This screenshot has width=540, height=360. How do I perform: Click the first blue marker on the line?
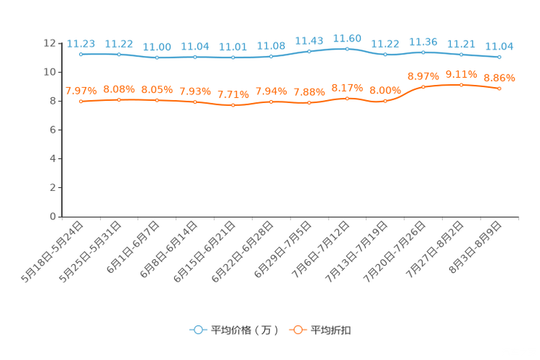coord(81,54)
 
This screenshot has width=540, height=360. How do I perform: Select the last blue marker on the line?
coord(499,57)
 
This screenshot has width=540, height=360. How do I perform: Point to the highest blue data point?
coord(347,49)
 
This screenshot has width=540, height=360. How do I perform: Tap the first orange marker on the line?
coord(81,102)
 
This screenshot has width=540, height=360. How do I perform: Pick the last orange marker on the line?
coord(499,88)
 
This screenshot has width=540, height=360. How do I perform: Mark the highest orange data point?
coord(461,84)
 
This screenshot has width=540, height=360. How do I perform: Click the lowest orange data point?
coord(233,105)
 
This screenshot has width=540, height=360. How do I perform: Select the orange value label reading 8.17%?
coord(347,88)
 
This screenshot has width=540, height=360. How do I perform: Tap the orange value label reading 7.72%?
coord(233,94)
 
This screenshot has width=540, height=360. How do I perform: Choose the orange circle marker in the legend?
coord(298,330)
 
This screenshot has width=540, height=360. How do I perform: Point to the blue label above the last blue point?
coord(499,46)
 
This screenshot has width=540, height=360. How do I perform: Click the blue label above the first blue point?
coord(81,43)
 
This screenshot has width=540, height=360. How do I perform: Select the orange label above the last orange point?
coord(499,77)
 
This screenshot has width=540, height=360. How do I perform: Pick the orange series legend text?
coord(332,330)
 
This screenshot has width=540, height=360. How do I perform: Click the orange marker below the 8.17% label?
coord(347,99)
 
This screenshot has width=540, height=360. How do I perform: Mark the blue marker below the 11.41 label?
coord(233,57)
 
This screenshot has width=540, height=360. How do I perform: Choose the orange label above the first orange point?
coord(81,91)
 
